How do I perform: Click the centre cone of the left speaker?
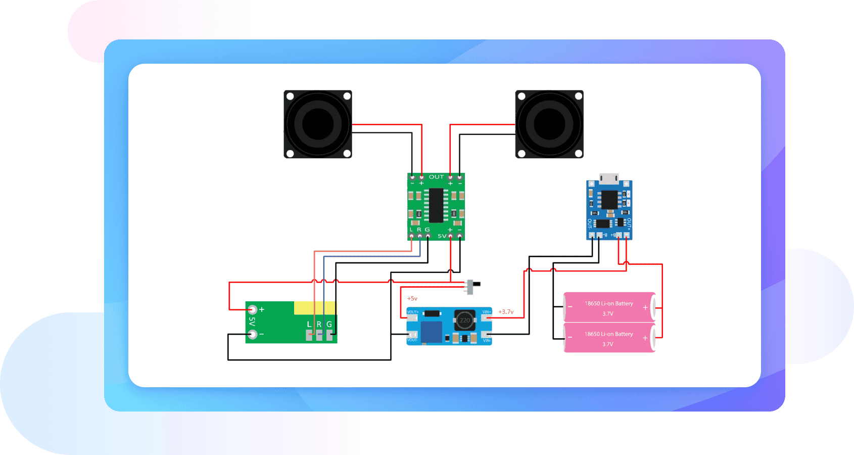click(317, 124)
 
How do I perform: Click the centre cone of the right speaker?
click(549, 124)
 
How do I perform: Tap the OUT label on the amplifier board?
click(436, 177)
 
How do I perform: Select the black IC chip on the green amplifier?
click(436, 205)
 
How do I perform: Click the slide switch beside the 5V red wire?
click(471, 287)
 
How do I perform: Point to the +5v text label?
click(412, 299)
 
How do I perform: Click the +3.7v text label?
click(506, 312)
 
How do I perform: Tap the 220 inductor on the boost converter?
click(464, 320)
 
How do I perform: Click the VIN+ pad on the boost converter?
click(487, 318)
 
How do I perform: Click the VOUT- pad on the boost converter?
click(412, 335)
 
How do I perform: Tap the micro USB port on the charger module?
click(609, 178)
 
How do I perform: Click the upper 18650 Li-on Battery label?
click(608, 303)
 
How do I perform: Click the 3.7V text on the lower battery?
click(607, 344)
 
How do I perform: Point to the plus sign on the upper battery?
click(645, 307)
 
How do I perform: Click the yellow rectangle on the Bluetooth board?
click(315, 308)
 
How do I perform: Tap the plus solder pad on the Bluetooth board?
click(252, 309)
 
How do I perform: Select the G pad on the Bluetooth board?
click(329, 334)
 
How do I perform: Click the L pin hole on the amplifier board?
click(411, 236)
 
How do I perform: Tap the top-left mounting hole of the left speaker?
click(290, 96)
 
